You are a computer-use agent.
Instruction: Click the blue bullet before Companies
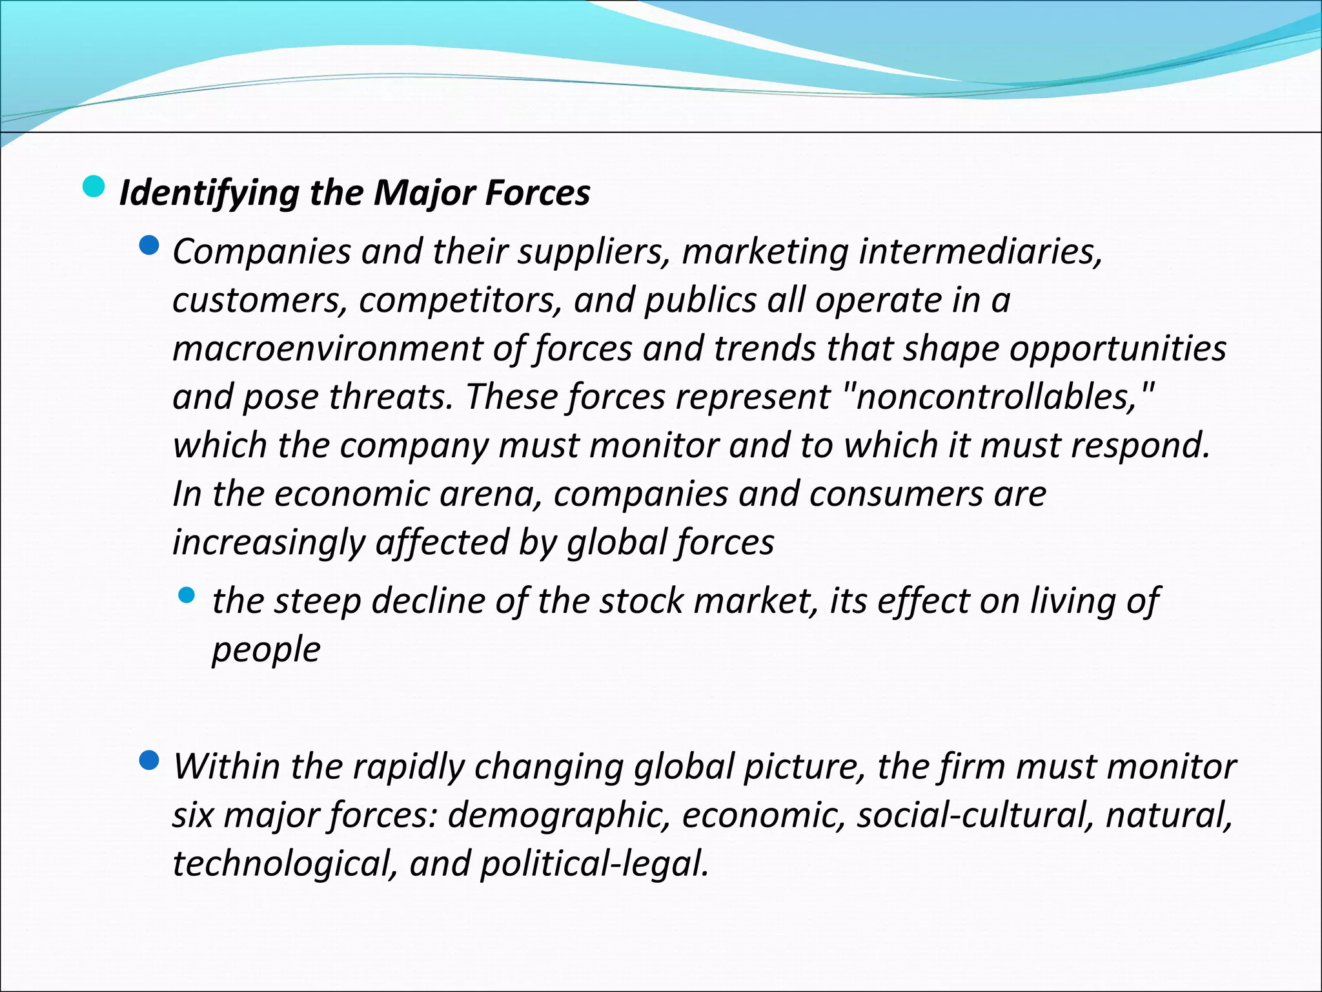coord(149,245)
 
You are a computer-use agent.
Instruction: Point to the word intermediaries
coord(980,251)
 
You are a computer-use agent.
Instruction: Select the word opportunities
coord(1117,349)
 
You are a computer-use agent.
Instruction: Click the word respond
coord(1140,446)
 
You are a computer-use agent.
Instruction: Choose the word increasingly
coord(268,542)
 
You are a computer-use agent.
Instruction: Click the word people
coord(266,650)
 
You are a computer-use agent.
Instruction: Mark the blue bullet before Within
coord(149,761)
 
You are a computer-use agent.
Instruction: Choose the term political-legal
coord(594,864)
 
